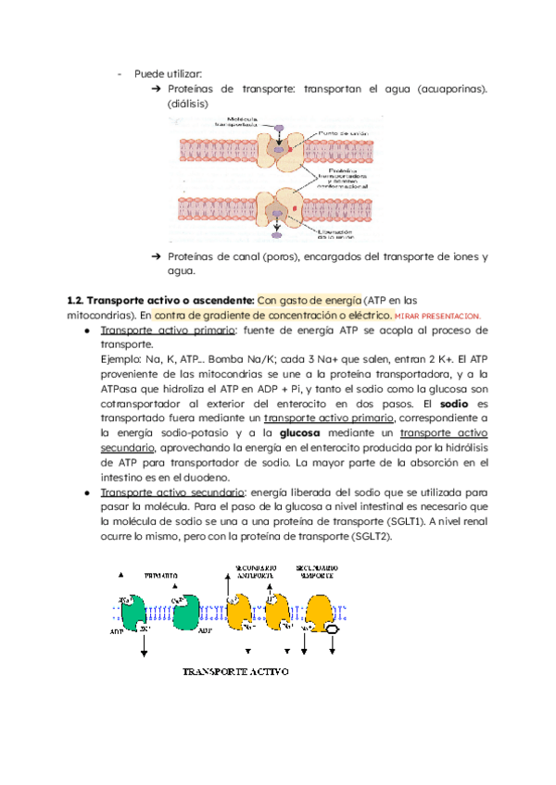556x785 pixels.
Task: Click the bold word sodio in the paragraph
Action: tap(453, 405)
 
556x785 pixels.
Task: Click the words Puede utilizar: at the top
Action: tap(169, 73)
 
